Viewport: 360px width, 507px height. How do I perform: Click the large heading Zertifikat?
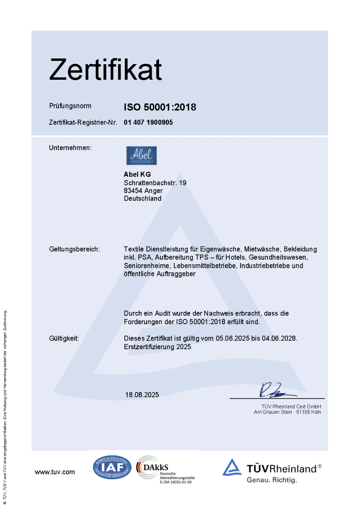tap(106, 69)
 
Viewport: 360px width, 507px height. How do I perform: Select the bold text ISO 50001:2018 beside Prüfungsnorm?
tap(160, 107)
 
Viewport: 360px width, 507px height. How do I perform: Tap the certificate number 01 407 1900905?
tap(148, 122)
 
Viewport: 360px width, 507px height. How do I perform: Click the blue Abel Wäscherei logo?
tap(141, 155)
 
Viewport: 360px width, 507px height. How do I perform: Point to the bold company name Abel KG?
tap(137, 175)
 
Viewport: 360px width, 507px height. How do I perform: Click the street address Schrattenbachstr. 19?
tap(155, 183)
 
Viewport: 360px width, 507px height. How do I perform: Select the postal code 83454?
tap(132, 191)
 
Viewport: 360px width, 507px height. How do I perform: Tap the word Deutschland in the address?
tap(142, 199)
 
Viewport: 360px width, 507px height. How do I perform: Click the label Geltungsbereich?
tap(74, 249)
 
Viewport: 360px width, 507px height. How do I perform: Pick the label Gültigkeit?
tap(64, 339)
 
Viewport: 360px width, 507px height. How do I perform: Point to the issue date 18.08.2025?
tap(142, 395)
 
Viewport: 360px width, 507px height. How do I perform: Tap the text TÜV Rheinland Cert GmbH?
tap(291, 406)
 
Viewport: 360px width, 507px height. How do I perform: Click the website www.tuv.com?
tap(55, 472)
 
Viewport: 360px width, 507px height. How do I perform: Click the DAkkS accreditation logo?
tap(165, 469)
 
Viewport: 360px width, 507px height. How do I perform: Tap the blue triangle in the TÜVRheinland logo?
tap(232, 467)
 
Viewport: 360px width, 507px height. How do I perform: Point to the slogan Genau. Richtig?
tap(272, 480)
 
